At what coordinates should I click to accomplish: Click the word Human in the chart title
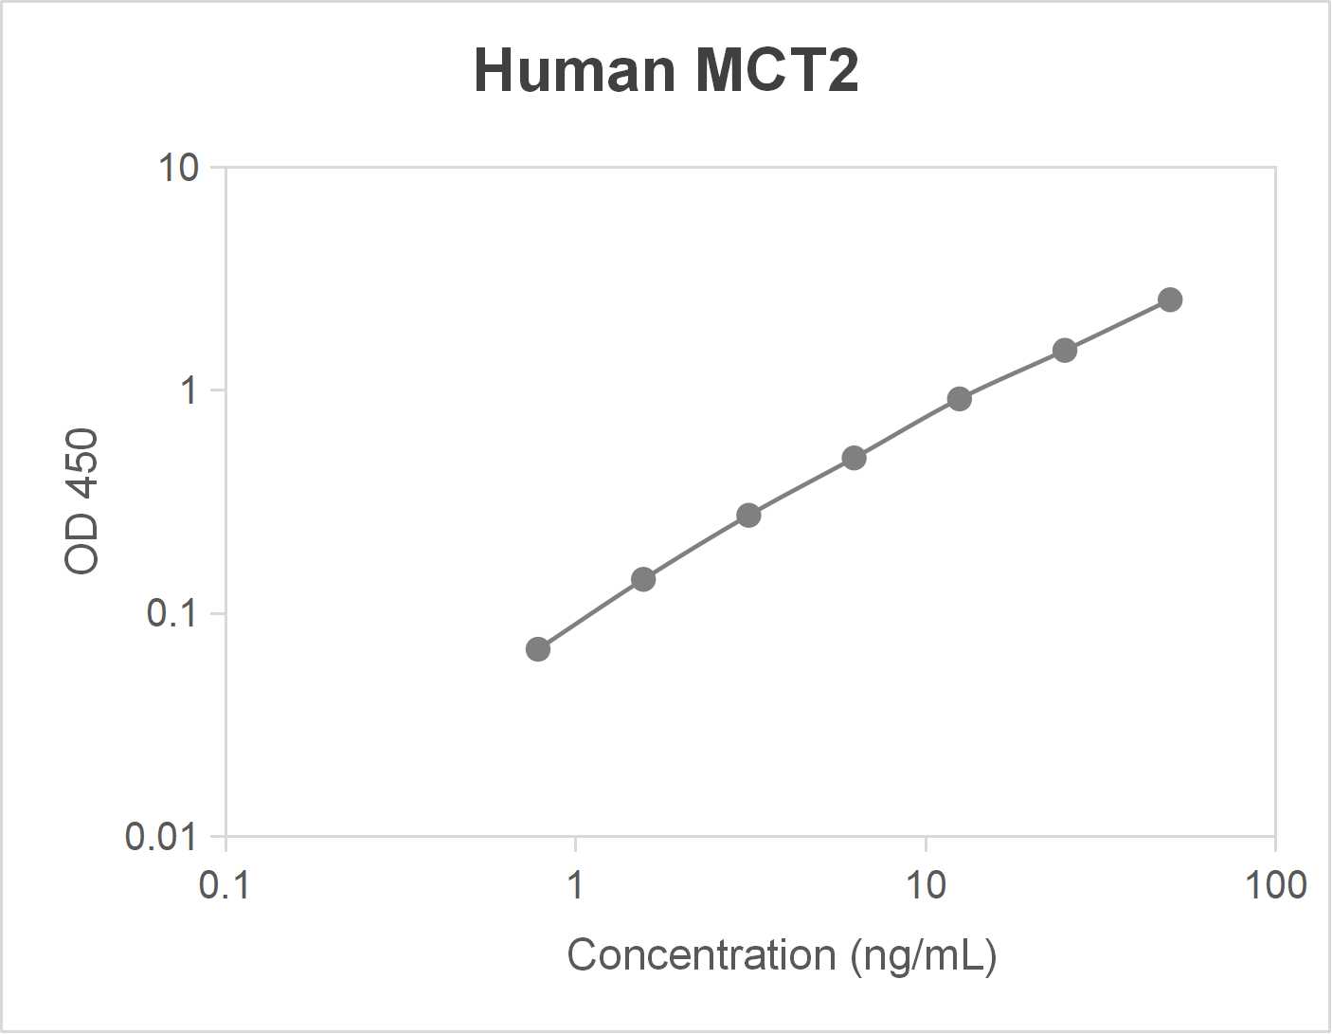[x=573, y=70]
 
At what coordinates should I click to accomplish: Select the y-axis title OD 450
[x=81, y=501]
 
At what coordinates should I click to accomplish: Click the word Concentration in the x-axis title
[x=701, y=954]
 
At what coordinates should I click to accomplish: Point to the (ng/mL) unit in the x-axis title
[x=924, y=955]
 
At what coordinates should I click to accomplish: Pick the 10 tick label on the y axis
[x=178, y=168]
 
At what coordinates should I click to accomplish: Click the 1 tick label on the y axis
[x=189, y=390]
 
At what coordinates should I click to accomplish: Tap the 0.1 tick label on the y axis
[x=171, y=613]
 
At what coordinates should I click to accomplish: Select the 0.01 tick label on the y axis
[x=161, y=836]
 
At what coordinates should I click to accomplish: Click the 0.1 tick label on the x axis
[x=225, y=885]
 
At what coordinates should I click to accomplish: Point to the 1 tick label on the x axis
[x=575, y=885]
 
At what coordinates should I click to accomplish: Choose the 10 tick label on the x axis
[x=926, y=885]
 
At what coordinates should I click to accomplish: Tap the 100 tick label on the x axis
[x=1275, y=885]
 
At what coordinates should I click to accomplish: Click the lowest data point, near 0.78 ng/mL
[x=538, y=649]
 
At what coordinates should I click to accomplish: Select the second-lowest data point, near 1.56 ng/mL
[x=643, y=579]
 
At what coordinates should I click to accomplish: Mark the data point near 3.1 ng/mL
[x=748, y=516]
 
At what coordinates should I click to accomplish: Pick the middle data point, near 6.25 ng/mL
[x=854, y=459]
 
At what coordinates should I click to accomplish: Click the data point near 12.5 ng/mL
[x=960, y=399]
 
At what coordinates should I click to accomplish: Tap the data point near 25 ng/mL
[x=1065, y=351]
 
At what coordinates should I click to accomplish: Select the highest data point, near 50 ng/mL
[x=1170, y=300]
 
